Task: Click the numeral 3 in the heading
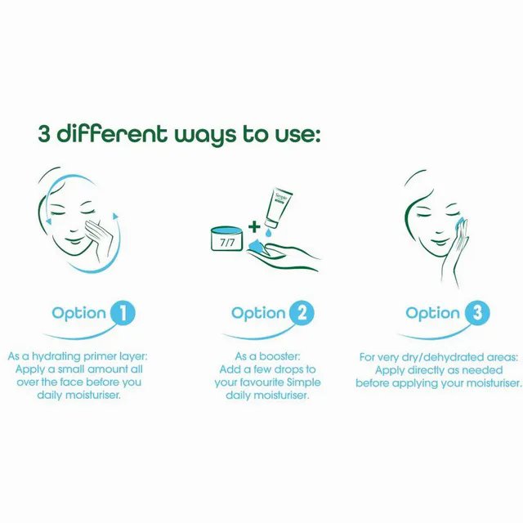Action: (x=44, y=133)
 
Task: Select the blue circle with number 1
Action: (x=123, y=313)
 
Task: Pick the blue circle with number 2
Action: (x=302, y=313)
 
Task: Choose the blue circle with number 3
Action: (x=477, y=313)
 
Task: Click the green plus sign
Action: (x=254, y=227)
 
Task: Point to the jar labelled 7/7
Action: (x=227, y=239)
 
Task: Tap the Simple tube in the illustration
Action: (x=279, y=209)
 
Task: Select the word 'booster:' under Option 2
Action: (x=279, y=356)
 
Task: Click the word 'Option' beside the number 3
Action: (x=433, y=314)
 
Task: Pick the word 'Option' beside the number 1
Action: (x=79, y=314)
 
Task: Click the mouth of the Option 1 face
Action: (x=74, y=241)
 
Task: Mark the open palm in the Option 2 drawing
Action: (x=284, y=257)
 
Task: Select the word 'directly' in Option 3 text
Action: (x=427, y=371)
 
